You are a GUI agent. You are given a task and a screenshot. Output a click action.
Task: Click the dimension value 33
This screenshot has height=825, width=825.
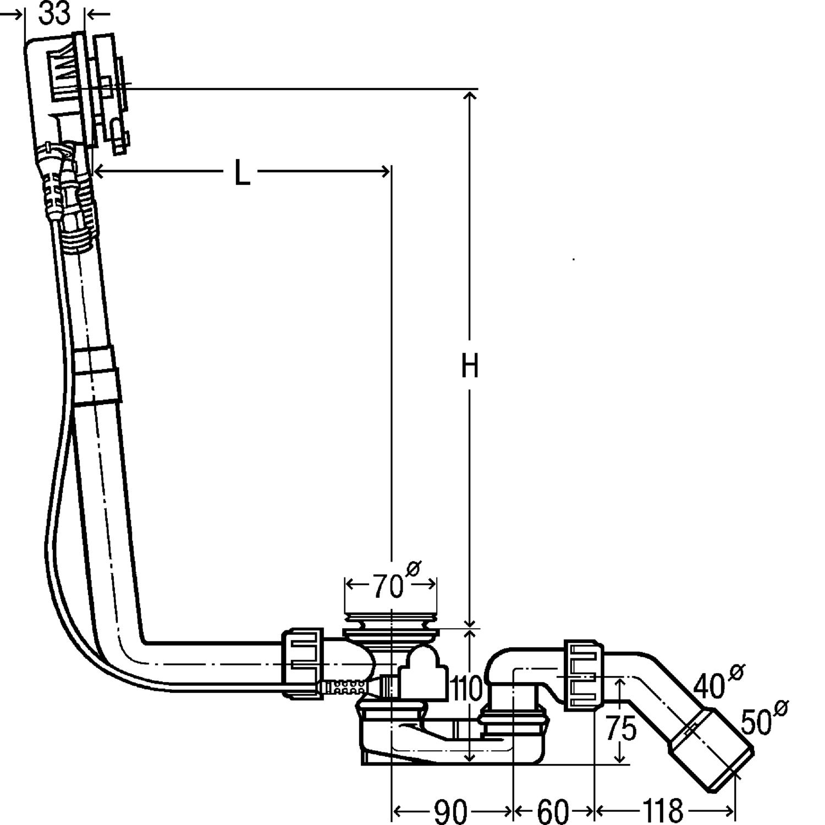point(55,13)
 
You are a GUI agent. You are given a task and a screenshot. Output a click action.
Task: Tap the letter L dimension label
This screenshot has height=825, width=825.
point(241,173)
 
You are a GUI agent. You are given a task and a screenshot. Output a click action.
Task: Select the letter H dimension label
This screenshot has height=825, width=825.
point(470,366)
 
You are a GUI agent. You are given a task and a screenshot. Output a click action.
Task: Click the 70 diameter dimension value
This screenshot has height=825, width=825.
point(388,586)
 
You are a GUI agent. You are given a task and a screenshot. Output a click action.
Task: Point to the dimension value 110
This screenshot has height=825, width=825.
point(466,688)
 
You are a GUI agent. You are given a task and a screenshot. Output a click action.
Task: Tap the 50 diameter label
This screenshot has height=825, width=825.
point(756,722)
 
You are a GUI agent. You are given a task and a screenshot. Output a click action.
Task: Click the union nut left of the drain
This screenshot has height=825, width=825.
point(302,664)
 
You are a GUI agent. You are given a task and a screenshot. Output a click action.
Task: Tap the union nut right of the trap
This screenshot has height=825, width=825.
point(584,675)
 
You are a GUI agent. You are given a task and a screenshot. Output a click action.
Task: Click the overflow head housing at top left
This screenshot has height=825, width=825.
point(55,77)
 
